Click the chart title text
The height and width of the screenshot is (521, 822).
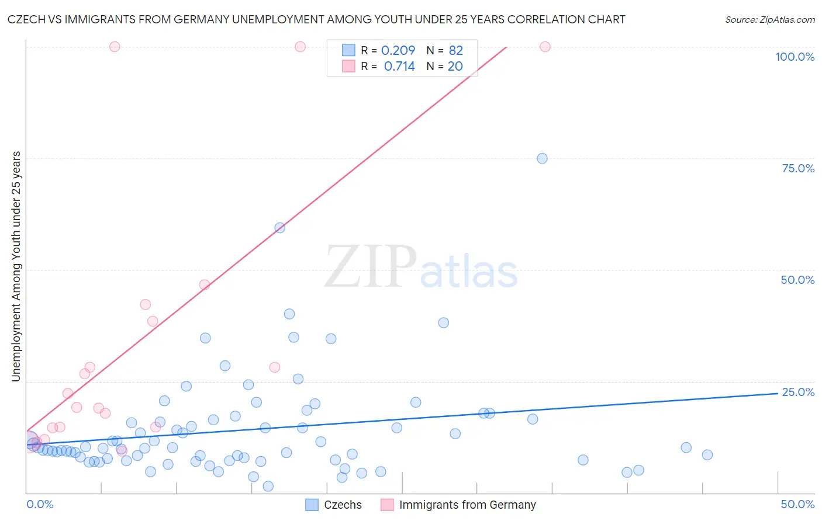pyautogui.click(x=316, y=19)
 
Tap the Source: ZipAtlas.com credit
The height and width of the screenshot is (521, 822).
pyautogui.click(x=769, y=19)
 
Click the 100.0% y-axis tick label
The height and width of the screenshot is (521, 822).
pyautogui.click(x=795, y=57)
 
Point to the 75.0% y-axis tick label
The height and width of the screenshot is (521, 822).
pyautogui.click(x=798, y=168)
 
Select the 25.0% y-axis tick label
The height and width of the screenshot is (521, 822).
pyautogui.click(x=798, y=392)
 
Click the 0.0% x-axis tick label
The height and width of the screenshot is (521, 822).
pyautogui.click(x=40, y=504)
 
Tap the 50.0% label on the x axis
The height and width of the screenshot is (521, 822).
pyautogui.click(x=797, y=504)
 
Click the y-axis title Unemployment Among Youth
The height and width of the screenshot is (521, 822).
pyautogui.click(x=16, y=266)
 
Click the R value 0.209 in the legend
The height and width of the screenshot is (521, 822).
pyautogui.click(x=398, y=50)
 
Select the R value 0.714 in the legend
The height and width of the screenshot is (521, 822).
pyautogui.click(x=399, y=67)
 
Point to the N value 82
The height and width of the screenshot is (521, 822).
pyautogui.click(x=455, y=50)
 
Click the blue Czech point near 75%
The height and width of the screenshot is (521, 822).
pyautogui.click(x=542, y=158)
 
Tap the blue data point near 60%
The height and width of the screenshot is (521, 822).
pyautogui.click(x=280, y=228)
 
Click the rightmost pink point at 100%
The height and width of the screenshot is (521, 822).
pyautogui.click(x=545, y=47)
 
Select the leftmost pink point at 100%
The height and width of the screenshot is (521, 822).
pyautogui.click(x=115, y=47)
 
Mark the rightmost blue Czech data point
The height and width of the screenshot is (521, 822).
pyautogui.click(x=707, y=455)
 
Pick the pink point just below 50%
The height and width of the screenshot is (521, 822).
pyautogui.click(x=205, y=285)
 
